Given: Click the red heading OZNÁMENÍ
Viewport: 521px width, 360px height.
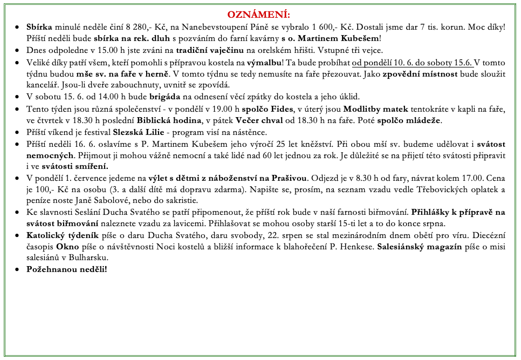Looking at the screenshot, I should point(258,14).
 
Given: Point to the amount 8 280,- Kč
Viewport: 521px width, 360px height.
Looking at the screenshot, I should point(139,28).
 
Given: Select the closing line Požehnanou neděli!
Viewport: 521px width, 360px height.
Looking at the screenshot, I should point(67,269).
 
